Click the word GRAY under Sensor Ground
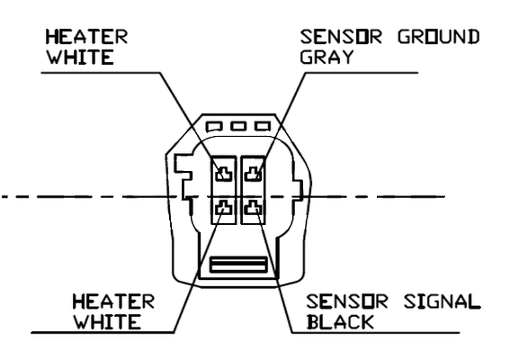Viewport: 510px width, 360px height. (x=327, y=57)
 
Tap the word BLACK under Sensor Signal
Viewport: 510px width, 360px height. (x=340, y=322)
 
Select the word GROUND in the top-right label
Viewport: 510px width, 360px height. (x=438, y=37)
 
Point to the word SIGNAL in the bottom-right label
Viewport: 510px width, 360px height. (x=442, y=301)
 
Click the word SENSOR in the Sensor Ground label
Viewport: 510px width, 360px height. (x=341, y=37)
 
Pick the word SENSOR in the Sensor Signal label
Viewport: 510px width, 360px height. (x=346, y=301)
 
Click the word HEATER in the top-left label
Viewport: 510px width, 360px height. (x=86, y=37)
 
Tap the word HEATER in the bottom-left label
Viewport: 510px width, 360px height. (x=113, y=301)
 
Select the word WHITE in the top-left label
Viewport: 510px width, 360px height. (x=80, y=57)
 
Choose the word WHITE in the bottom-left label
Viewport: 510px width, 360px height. (x=107, y=322)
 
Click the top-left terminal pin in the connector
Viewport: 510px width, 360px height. (x=224, y=174)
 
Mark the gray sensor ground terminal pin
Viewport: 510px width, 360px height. (x=253, y=174)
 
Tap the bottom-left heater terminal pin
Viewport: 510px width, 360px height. (x=224, y=207)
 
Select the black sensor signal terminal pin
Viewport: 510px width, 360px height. (x=253, y=207)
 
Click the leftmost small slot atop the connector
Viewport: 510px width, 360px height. (x=214, y=126)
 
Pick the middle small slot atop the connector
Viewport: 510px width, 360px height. (x=238, y=126)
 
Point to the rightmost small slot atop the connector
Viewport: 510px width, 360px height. (x=263, y=126)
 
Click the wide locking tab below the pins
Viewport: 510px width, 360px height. (x=238, y=265)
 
